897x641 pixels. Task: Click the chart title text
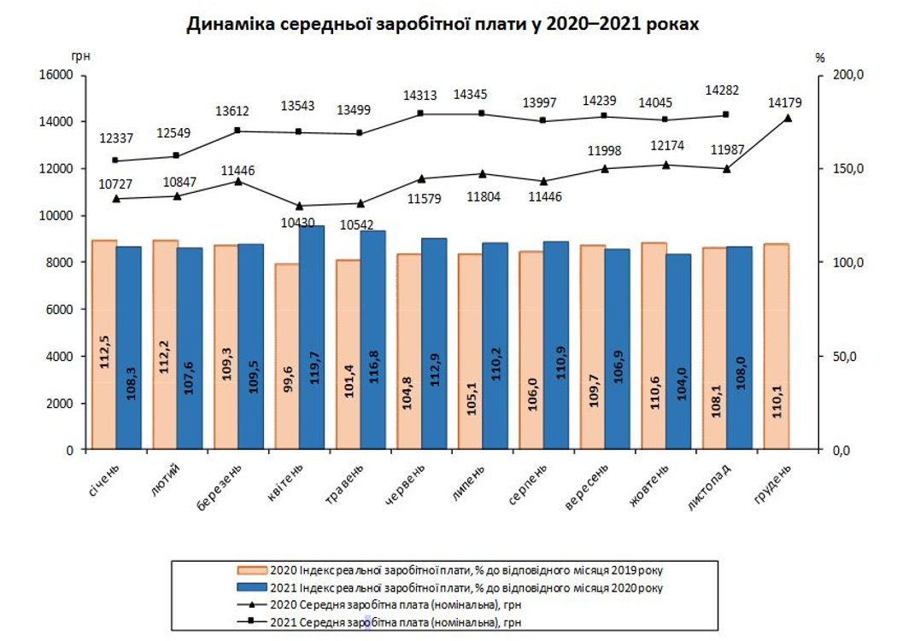(x=443, y=25)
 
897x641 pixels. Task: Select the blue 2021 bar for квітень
(x=312, y=337)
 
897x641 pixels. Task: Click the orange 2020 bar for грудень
(x=776, y=346)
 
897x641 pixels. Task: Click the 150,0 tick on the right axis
(x=850, y=169)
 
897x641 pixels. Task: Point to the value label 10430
(x=297, y=223)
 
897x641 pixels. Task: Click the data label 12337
(x=116, y=138)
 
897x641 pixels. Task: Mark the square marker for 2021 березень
(x=238, y=131)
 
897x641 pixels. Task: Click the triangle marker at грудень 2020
(x=788, y=118)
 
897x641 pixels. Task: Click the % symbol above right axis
(x=819, y=58)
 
